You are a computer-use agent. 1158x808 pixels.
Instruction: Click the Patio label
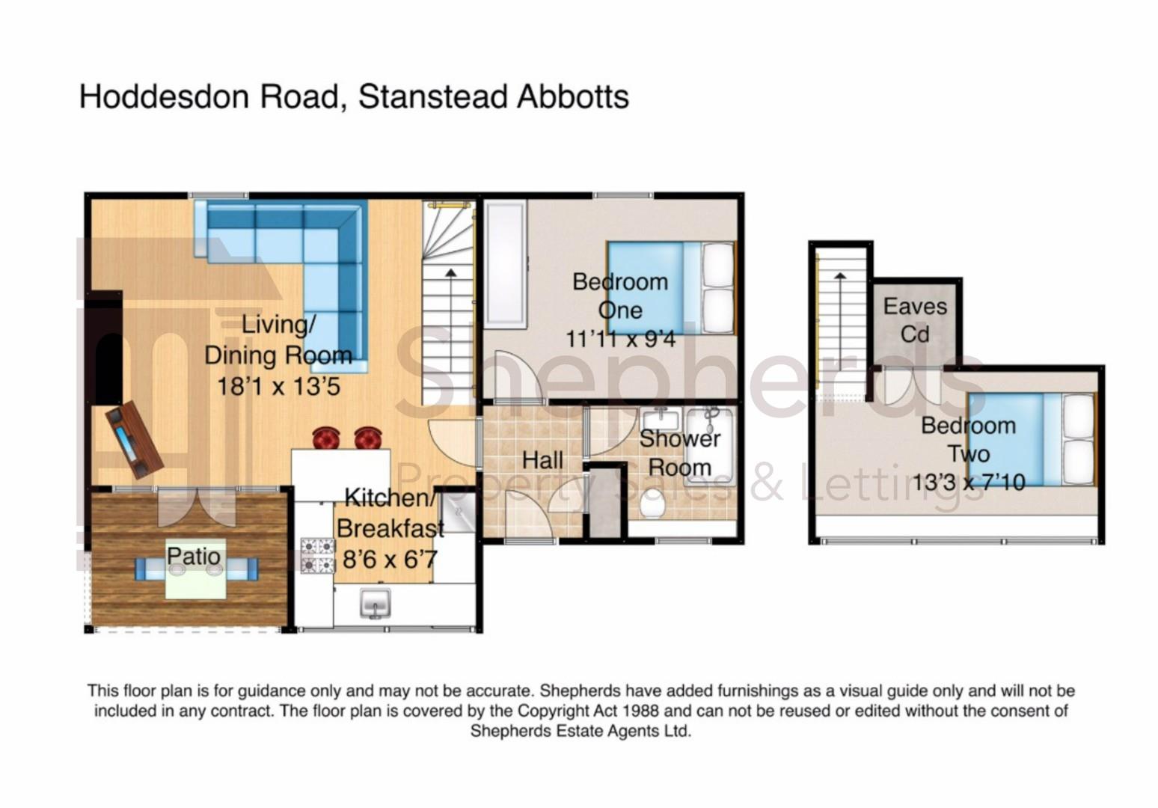194,557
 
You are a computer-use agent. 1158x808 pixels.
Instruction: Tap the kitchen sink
376,602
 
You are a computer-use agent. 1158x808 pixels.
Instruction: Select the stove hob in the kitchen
317,556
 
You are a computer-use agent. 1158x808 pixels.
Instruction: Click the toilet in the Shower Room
653,505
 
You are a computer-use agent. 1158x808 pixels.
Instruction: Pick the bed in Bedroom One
670,288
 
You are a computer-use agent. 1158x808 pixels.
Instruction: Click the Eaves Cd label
915,320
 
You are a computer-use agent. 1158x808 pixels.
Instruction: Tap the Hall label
542,460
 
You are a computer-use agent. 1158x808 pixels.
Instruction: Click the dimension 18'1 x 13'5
278,386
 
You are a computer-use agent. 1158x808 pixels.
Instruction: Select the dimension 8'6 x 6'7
389,559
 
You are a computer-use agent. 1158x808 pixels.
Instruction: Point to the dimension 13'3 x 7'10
968,483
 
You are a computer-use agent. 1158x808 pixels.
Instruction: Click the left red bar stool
326,438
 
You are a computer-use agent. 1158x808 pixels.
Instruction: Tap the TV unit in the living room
134,440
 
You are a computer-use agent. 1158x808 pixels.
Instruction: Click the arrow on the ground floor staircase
450,274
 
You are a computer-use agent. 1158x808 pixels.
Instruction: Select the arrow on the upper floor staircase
840,278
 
